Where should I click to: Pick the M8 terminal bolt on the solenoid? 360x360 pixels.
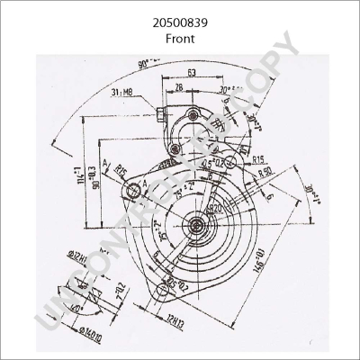point(162,113)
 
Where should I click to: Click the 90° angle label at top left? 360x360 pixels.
point(148,66)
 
